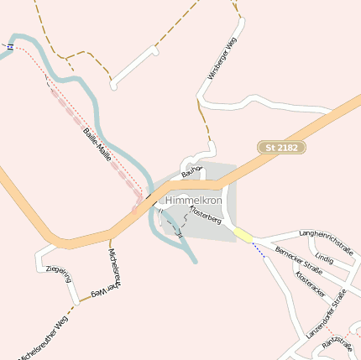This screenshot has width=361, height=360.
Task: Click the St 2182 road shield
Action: tap(281, 148)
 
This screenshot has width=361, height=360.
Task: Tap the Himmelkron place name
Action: tap(193, 201)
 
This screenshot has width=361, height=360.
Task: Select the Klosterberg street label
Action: tap(205, 216)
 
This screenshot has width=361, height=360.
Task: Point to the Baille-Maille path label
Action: tap(97, 144)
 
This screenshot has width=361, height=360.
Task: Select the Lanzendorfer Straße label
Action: tap(327, 314)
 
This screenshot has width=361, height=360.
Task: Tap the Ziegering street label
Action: tap(58, 274)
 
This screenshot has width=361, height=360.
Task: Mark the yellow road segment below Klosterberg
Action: tap(243, 236)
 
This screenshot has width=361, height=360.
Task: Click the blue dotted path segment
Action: tap(259, 250)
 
